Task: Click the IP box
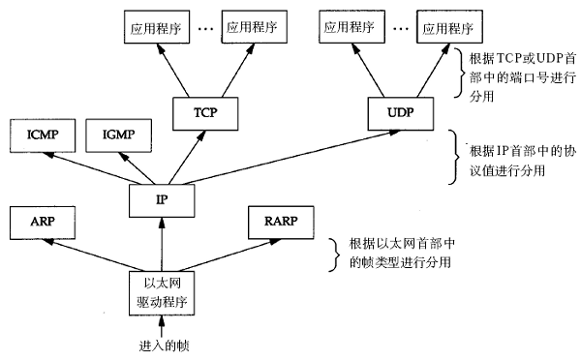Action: pyautogui.click(x=162, y=199)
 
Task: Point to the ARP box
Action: pyautogui.click(x=39, y=222)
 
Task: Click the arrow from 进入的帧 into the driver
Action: pyautogui.click(x=161, y=323)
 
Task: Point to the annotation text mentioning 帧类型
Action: pyautogui.click(x=391, y=253)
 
